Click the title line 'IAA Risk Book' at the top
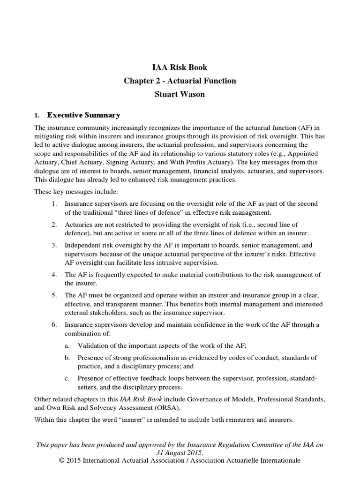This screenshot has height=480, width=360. tap(180, 67)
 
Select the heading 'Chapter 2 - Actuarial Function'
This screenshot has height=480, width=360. tap(180, 81)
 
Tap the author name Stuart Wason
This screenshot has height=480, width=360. tap(180, 95)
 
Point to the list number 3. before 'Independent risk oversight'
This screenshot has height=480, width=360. tap(54, 246)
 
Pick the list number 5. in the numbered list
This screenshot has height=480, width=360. tap(54, 295)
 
